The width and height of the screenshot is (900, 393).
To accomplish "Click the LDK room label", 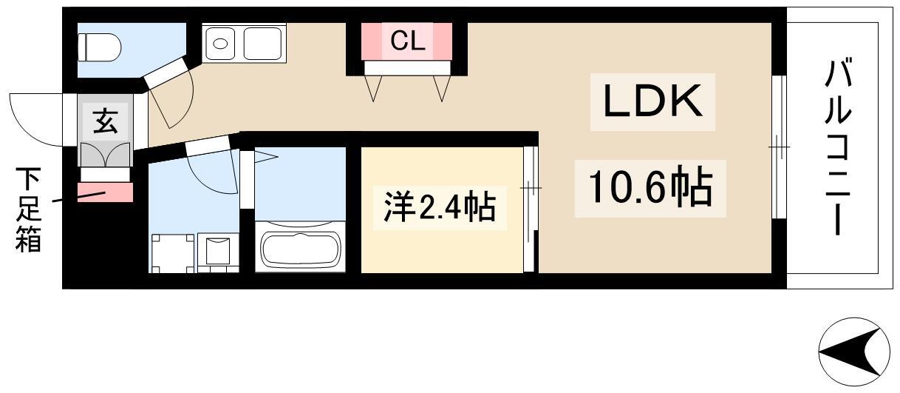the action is (x=652, y=101).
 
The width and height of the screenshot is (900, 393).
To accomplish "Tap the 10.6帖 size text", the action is (x=650, y=188).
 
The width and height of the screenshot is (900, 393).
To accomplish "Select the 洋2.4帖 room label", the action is (x=440, y=207).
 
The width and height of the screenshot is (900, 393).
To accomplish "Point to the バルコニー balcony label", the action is (x=839, y=147).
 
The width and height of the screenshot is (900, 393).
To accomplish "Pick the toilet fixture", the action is (x=99, y=47).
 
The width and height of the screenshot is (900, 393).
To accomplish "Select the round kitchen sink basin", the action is (x=220, y=44).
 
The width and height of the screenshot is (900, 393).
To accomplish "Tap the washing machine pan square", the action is (x=173, y=253).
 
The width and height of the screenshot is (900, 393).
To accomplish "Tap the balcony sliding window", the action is (x=779, y=147).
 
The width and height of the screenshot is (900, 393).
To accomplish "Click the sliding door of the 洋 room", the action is (x=531, y=209).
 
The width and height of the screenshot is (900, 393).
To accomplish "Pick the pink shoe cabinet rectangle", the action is (x=105, y=192).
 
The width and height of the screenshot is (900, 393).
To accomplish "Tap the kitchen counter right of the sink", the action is (x=263, y=44).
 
